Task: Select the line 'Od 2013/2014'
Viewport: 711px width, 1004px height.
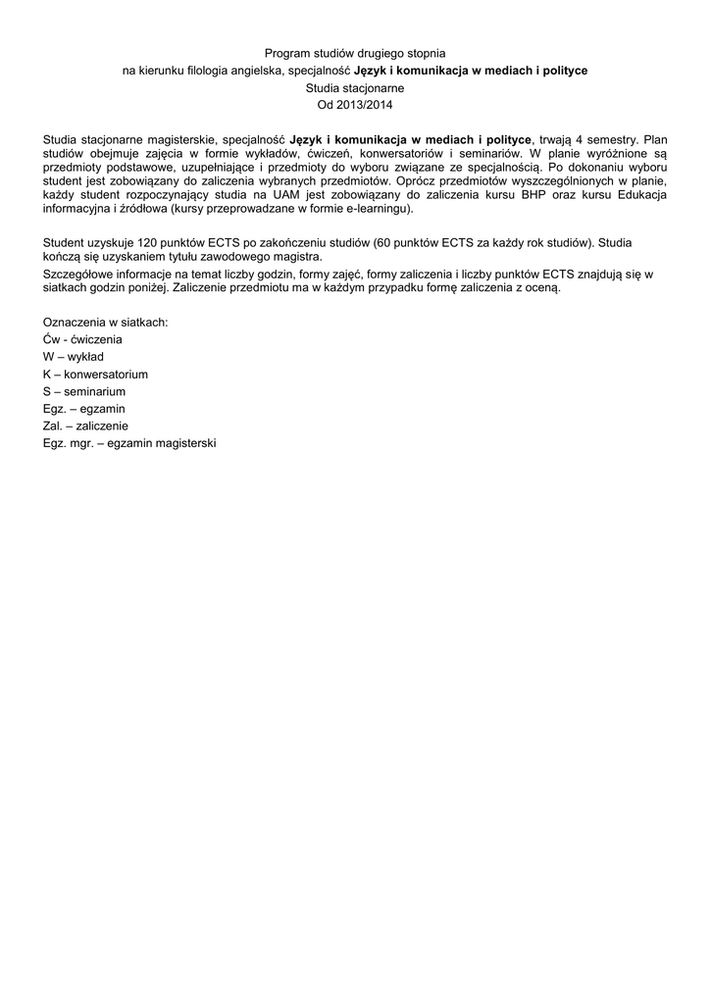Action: pyautogui.click(x=355, y=105)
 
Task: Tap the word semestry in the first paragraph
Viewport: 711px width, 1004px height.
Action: pyautogui.click(x=615, y=139)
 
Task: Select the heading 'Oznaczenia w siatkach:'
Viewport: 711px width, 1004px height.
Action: pyautogui.click(x=105, y=322)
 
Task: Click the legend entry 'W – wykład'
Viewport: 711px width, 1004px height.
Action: pyautogui.click(x=74, y=357)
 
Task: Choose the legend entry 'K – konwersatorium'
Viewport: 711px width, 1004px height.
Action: pyautogui.click(x=95, y=375)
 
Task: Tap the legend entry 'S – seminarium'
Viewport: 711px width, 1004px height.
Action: pyautogui.click(x=84, y=391)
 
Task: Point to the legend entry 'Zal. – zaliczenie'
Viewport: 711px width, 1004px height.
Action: pyautogui.click(x=86, y=427)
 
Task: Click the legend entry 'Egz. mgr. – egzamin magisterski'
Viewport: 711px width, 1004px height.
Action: pyautogui.click(x=128, y=443)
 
